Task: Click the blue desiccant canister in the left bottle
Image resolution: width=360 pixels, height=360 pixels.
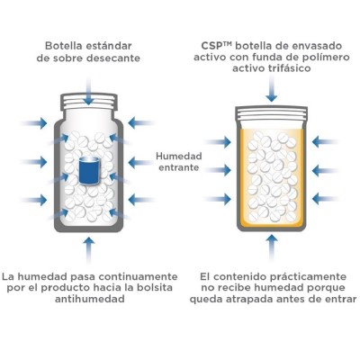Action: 88,170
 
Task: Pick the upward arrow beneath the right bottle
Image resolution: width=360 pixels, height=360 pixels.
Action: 272,246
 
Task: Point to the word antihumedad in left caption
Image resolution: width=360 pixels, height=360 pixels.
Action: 88,300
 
